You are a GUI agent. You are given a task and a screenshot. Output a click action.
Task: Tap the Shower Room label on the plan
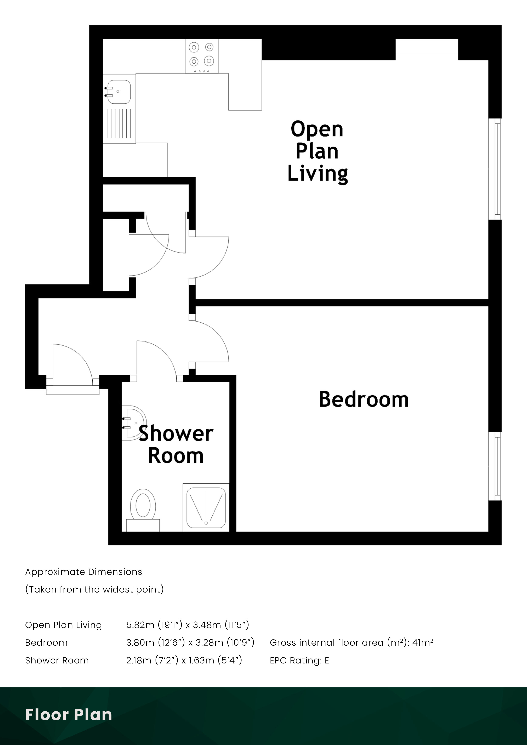176,444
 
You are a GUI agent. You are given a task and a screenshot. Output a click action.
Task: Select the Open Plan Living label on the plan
317,152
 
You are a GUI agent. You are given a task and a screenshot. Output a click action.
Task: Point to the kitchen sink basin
119,92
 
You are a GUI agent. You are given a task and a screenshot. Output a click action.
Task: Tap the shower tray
206,508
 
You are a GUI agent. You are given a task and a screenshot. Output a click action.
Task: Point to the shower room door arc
157,357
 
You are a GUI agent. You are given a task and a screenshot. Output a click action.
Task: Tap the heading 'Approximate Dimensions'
84,572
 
